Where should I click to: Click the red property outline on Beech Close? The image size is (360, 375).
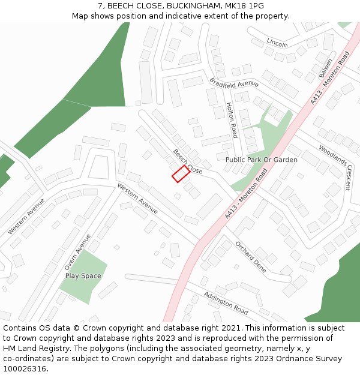coord(181,174)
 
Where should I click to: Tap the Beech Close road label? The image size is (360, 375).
coord(188,161)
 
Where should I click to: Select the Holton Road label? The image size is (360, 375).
coord(232,120)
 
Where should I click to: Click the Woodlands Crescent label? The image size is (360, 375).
coord(334,167)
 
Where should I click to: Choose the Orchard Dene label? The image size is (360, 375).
coord(251,257)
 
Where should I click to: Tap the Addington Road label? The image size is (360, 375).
coord(226,303)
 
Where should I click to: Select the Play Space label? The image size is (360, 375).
coord(83,276)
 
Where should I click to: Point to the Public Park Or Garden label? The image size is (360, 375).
coord(261,160)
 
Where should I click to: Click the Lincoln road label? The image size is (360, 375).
coord(277,43)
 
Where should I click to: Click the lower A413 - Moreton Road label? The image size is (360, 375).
coord(247,193)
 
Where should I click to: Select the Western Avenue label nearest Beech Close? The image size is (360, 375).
coord(137,199)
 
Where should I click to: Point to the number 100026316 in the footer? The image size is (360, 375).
coord(25,369)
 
